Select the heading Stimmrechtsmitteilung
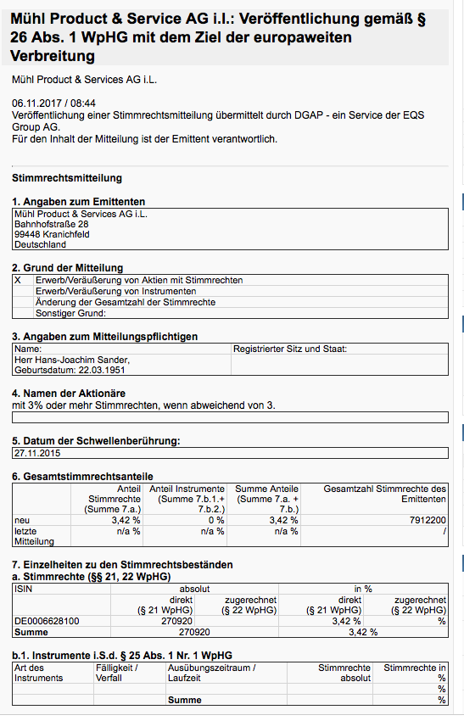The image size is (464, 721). (x=67, y=178)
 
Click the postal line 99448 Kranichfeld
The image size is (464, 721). (x=52, y=234)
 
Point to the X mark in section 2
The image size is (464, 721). (x=18, y=280)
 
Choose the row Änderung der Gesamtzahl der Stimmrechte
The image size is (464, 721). (x=125, y=302)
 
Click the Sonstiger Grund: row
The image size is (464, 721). (x=70, y=313)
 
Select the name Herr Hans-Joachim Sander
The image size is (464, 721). (x=72, y=360)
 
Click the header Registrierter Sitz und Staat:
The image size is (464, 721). (x=289, y=349)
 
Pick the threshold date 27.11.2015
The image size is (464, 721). (x=39, y=452)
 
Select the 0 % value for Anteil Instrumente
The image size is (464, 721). (x=216, y=520)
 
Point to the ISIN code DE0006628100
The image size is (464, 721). (x=48, y=621)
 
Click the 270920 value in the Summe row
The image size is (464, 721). (x=193, y=632)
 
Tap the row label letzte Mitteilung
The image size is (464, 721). (x=33, y=536)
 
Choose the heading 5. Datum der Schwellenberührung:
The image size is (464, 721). (x=96, y=440)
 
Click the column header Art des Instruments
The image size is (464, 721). (x=39, y=673)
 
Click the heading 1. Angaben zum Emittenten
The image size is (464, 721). (x=78, y=202)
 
